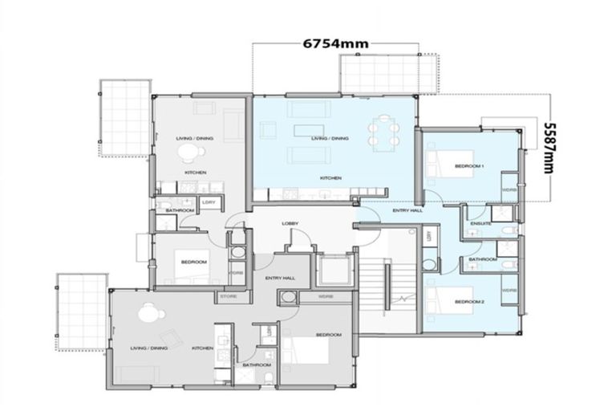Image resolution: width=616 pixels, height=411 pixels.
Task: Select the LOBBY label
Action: click(x=290, y=223)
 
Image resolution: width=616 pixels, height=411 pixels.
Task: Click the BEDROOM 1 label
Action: click(x=469, y=165)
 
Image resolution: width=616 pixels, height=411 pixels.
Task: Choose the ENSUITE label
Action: click(x=480, y=224)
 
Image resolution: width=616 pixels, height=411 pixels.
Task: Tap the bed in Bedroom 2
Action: click(x=449, y=303)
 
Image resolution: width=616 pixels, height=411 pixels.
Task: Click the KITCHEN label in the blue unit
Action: click(x=331, y=177)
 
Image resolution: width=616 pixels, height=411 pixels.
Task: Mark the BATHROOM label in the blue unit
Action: click(x=481, y=259)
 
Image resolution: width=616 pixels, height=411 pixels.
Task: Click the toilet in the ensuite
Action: click(x=504, y=230)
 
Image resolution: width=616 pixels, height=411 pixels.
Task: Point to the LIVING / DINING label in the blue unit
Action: click(x=330, y=138)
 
